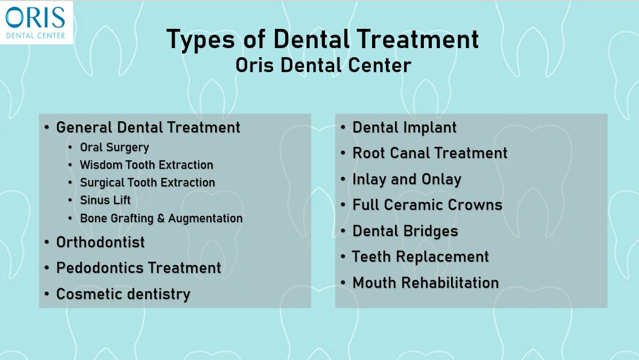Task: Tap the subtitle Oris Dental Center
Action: point(323,65)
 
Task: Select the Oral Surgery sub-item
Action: point(115,147)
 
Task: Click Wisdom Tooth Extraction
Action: point(146,165)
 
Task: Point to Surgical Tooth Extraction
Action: point(147,183)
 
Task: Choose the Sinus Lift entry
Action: point(105,200)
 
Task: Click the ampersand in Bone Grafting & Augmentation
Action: point(161,218)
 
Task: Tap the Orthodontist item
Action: point(100,242)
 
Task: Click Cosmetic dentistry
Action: point(123,294)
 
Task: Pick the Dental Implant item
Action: point(404,128)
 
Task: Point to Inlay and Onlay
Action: point(407,179)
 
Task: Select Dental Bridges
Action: point(405,231)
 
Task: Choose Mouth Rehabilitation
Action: point(425,283)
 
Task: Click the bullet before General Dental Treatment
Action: point(47,128)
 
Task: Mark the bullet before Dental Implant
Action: point(343,128)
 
